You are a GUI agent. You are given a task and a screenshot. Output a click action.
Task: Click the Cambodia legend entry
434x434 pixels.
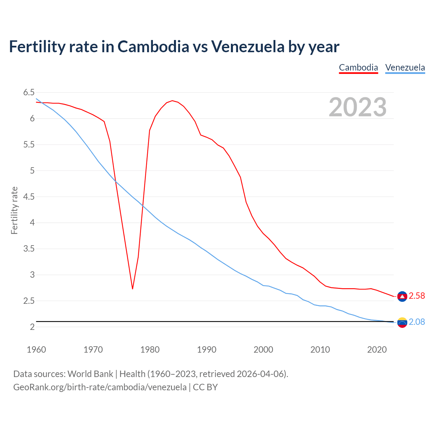tap(358, 67)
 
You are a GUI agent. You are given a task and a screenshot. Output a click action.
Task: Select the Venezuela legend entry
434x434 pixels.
tap(405, 67)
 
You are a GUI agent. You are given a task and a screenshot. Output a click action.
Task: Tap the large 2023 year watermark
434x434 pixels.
tap(358, 107)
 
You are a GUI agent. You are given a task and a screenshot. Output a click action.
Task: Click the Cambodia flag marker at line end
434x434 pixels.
tap(402, 296)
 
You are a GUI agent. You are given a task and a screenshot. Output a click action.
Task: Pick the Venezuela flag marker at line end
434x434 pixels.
tap(402, 322)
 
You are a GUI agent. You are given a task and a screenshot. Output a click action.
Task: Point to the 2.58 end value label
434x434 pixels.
tap(417, 296)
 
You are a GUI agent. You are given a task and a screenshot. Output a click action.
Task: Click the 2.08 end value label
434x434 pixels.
tap(417, 322)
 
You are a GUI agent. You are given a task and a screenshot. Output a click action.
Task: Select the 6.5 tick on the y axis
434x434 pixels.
tap(29, 93)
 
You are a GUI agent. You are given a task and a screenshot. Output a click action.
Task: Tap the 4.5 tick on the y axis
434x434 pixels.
tap(29, 197)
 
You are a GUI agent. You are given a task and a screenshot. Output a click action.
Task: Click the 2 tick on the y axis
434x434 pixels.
tap(32, 327)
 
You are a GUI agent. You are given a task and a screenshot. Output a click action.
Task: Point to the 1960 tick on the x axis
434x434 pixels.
tap(36, 350)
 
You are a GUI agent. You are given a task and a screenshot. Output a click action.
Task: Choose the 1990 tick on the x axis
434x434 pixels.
tap(206, 350)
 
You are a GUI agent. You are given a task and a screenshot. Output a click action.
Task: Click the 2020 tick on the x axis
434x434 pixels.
tap(377, 350)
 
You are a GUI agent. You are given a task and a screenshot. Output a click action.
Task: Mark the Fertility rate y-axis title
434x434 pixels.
tap(14, 210)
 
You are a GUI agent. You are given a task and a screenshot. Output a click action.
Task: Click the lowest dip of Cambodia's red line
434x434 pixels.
tap(133, 289)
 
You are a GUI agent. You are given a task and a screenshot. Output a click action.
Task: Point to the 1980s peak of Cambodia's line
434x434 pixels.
tap(172, 101)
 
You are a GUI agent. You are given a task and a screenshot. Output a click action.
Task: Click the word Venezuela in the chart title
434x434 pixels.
tap(248, 46)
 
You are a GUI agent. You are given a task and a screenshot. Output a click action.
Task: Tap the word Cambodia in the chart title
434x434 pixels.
tap(153, 46)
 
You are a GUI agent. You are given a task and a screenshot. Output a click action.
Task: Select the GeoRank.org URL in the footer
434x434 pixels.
tap(100, 387)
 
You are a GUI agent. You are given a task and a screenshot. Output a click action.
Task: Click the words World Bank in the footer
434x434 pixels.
tap(90, 374)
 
